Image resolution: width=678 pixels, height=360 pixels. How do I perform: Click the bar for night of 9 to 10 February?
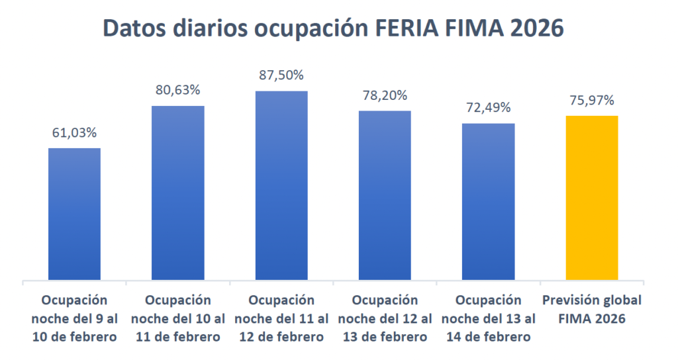pos(75,214)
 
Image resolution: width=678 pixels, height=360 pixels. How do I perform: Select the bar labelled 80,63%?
pos(178,193)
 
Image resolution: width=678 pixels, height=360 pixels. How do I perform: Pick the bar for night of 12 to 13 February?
pos(385,195)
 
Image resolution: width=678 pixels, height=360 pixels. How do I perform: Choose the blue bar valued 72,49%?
pos(488,201)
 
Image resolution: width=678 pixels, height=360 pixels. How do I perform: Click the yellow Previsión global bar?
pos(592,198)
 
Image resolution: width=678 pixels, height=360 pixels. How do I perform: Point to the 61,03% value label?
pos(75,132)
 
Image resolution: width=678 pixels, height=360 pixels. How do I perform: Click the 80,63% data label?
pos(178,90)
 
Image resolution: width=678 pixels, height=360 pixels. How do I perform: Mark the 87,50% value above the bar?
pos(281,75)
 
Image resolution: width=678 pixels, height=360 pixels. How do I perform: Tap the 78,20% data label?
pos(385,95)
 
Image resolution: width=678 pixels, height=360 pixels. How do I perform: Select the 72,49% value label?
pos(488,107)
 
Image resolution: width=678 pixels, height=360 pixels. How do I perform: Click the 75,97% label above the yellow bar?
pos(592,100)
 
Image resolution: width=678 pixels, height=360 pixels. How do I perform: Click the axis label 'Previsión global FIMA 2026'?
pos(592,309)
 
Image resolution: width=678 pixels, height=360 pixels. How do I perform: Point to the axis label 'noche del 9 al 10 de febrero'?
pos(75,318)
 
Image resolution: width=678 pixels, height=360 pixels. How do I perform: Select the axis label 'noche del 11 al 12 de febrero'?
pos(281,318)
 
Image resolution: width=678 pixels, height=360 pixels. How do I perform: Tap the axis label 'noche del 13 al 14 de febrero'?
pos(488,318)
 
